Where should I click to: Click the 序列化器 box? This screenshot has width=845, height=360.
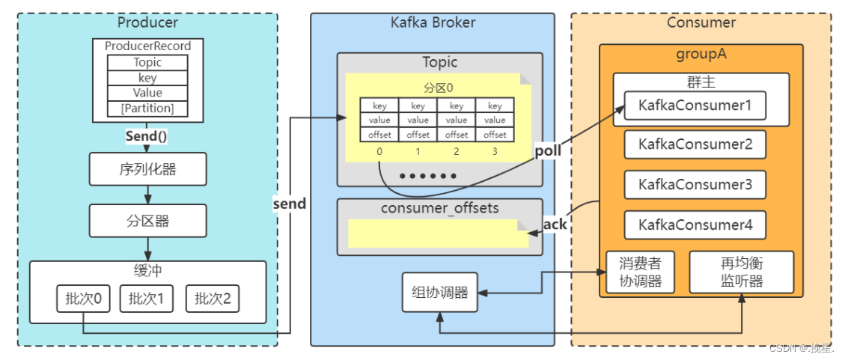[147, 169]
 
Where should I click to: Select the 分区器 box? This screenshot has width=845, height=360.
[147, 220]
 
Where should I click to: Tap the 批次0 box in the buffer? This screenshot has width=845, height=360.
[83, 299]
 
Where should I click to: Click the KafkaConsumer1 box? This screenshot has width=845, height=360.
[695, 106]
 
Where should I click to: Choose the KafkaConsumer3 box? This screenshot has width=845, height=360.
[695, 184]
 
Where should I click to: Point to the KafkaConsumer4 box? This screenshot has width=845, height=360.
[695, 224]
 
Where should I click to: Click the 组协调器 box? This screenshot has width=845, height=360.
[439, 292]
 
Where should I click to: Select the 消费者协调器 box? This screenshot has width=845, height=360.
[640, 272]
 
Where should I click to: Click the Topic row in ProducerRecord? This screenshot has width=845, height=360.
[147, 62]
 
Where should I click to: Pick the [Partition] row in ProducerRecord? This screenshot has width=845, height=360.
[147, 109]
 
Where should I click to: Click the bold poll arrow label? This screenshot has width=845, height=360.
[547, 151]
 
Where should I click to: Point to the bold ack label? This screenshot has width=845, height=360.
[555, 224]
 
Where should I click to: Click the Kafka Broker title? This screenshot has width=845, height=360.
[433, 22]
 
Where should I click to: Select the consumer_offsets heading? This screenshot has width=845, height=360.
[439, 208]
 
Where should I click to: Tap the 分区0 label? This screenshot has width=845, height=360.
[439, 86]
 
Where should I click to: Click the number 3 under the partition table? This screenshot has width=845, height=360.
[495, 151]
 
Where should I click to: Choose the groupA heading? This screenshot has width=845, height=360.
[701, 55]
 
